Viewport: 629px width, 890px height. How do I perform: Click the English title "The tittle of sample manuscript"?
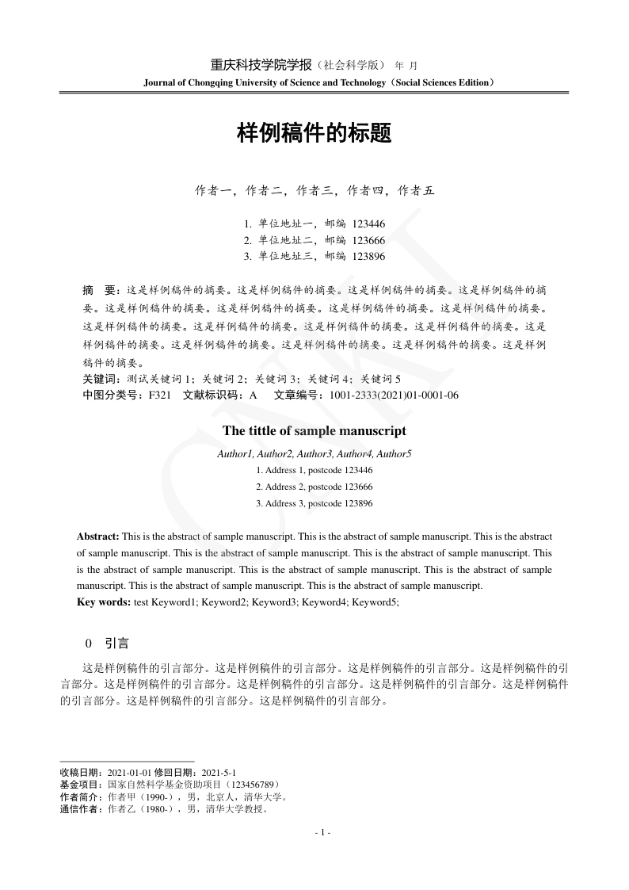pos(314,431)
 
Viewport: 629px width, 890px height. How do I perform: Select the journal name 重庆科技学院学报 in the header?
pos(261,65)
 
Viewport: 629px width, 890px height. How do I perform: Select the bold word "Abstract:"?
pos(97,537)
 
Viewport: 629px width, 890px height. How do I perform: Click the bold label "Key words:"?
pos(104,602)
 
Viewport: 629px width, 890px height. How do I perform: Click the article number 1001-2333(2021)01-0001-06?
pos(394,395)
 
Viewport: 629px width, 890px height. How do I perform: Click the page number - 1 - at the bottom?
pos(322,833)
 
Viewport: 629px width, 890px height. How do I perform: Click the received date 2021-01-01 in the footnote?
pos(128,772)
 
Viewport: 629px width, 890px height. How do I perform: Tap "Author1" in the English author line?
pos(234,454)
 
